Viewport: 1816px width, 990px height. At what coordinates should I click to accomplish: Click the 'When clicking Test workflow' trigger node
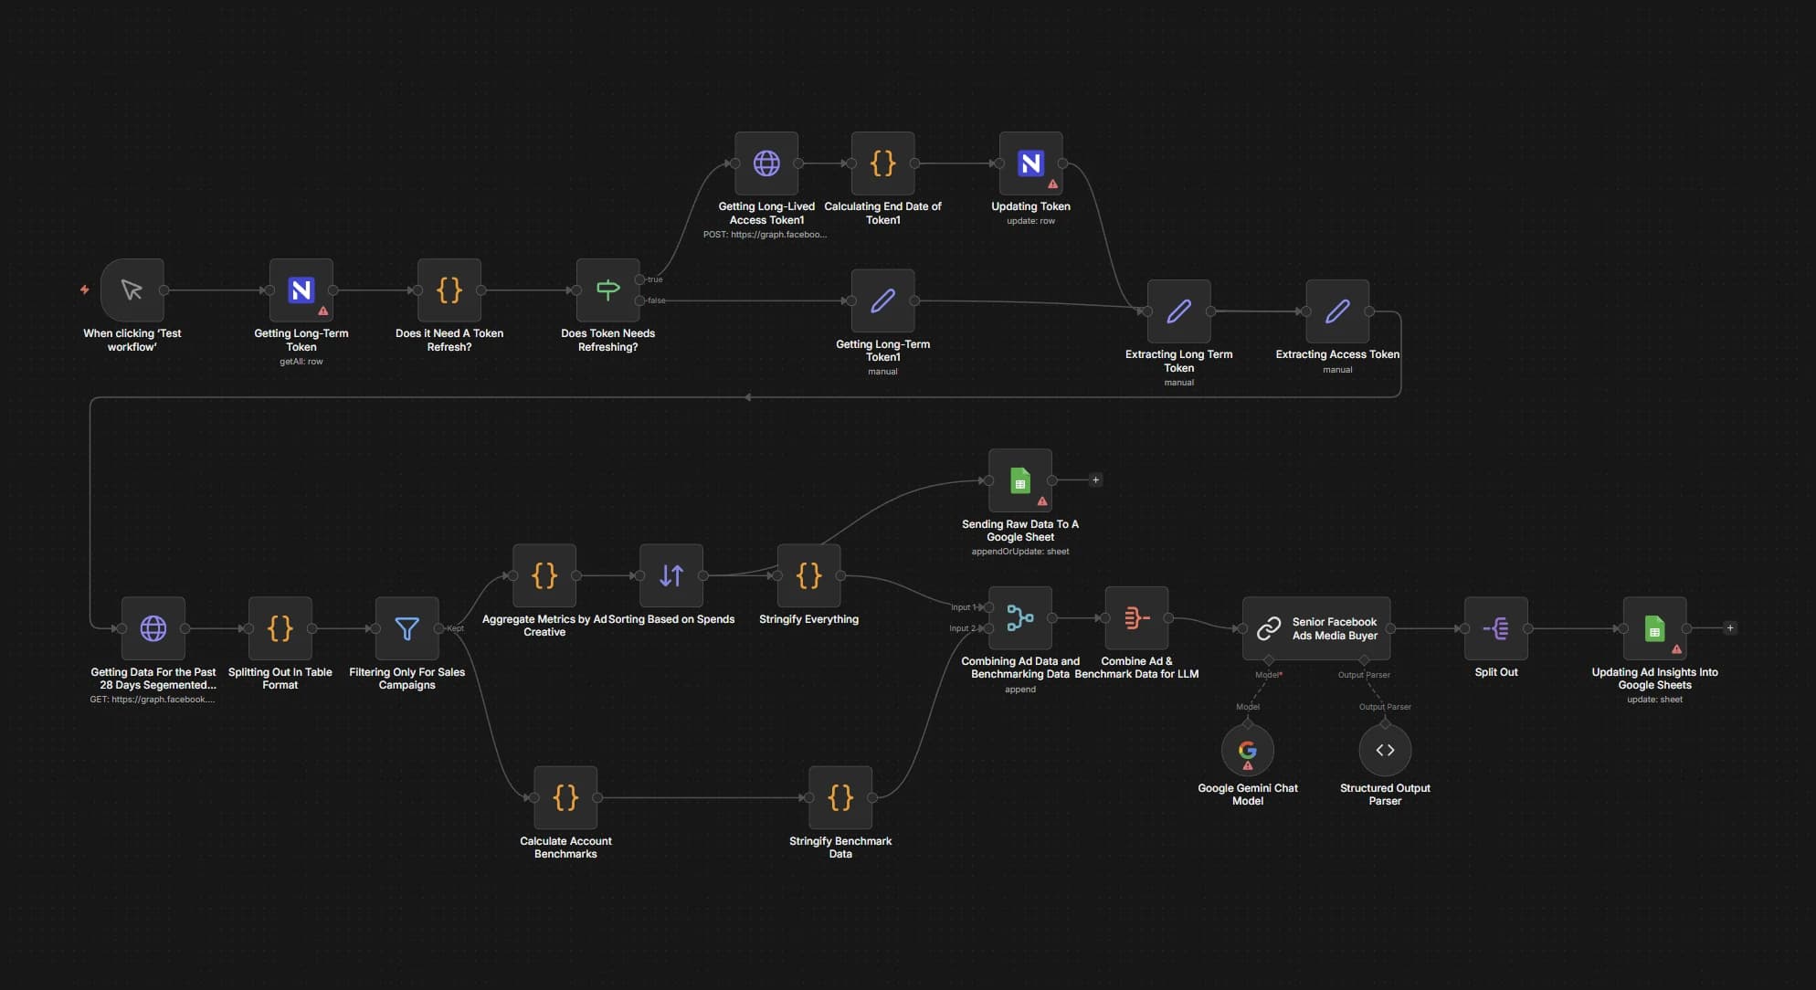132,290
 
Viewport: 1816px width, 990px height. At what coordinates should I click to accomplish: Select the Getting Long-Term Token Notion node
301,290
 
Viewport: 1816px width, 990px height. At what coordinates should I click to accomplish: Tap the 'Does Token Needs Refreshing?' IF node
607,290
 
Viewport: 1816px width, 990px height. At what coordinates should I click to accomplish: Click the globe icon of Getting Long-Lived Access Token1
766,163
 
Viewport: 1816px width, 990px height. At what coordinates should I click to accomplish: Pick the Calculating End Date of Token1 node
882,163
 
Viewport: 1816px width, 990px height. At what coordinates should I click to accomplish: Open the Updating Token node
1030,163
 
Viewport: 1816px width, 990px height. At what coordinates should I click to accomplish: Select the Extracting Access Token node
1337,311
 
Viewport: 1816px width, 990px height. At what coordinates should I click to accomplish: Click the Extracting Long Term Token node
1178,311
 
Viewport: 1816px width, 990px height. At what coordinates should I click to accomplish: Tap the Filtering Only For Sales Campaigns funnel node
406,628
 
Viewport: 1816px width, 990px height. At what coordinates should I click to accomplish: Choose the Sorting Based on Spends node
671,575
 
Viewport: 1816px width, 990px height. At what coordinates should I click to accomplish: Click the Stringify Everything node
808,575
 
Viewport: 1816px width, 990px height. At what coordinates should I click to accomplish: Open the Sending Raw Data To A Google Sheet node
1020,480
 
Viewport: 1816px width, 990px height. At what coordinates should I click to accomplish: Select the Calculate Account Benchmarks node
565,797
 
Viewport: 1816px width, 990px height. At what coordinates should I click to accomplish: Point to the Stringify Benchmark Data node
840,797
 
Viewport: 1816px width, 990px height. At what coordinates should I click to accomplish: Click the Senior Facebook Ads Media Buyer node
1316,628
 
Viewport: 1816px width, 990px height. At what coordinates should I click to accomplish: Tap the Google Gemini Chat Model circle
1248,750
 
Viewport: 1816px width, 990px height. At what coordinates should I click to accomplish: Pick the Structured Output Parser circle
1385,750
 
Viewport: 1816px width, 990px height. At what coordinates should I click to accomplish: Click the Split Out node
1495,628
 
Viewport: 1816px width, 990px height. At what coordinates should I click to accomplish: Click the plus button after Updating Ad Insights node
1730,628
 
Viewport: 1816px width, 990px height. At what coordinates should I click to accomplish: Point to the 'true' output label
655,279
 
